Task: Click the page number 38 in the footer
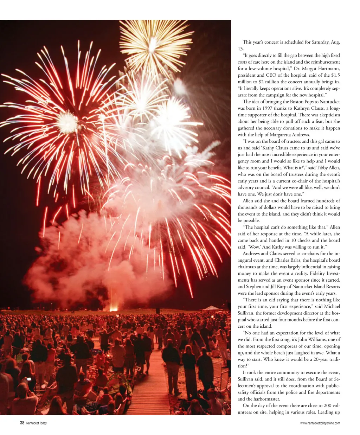22,423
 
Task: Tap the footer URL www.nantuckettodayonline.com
320,423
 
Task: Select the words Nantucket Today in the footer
37,423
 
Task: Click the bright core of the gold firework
153,45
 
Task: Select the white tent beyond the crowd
212,308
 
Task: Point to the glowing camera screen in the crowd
29,379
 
